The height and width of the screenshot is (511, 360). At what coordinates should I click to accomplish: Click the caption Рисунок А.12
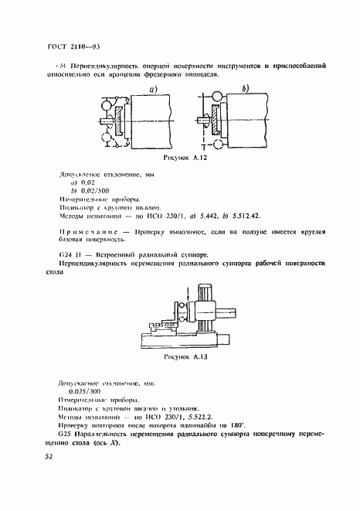point(184,157)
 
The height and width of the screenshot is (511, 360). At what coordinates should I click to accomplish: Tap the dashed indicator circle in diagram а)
point(107,138)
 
